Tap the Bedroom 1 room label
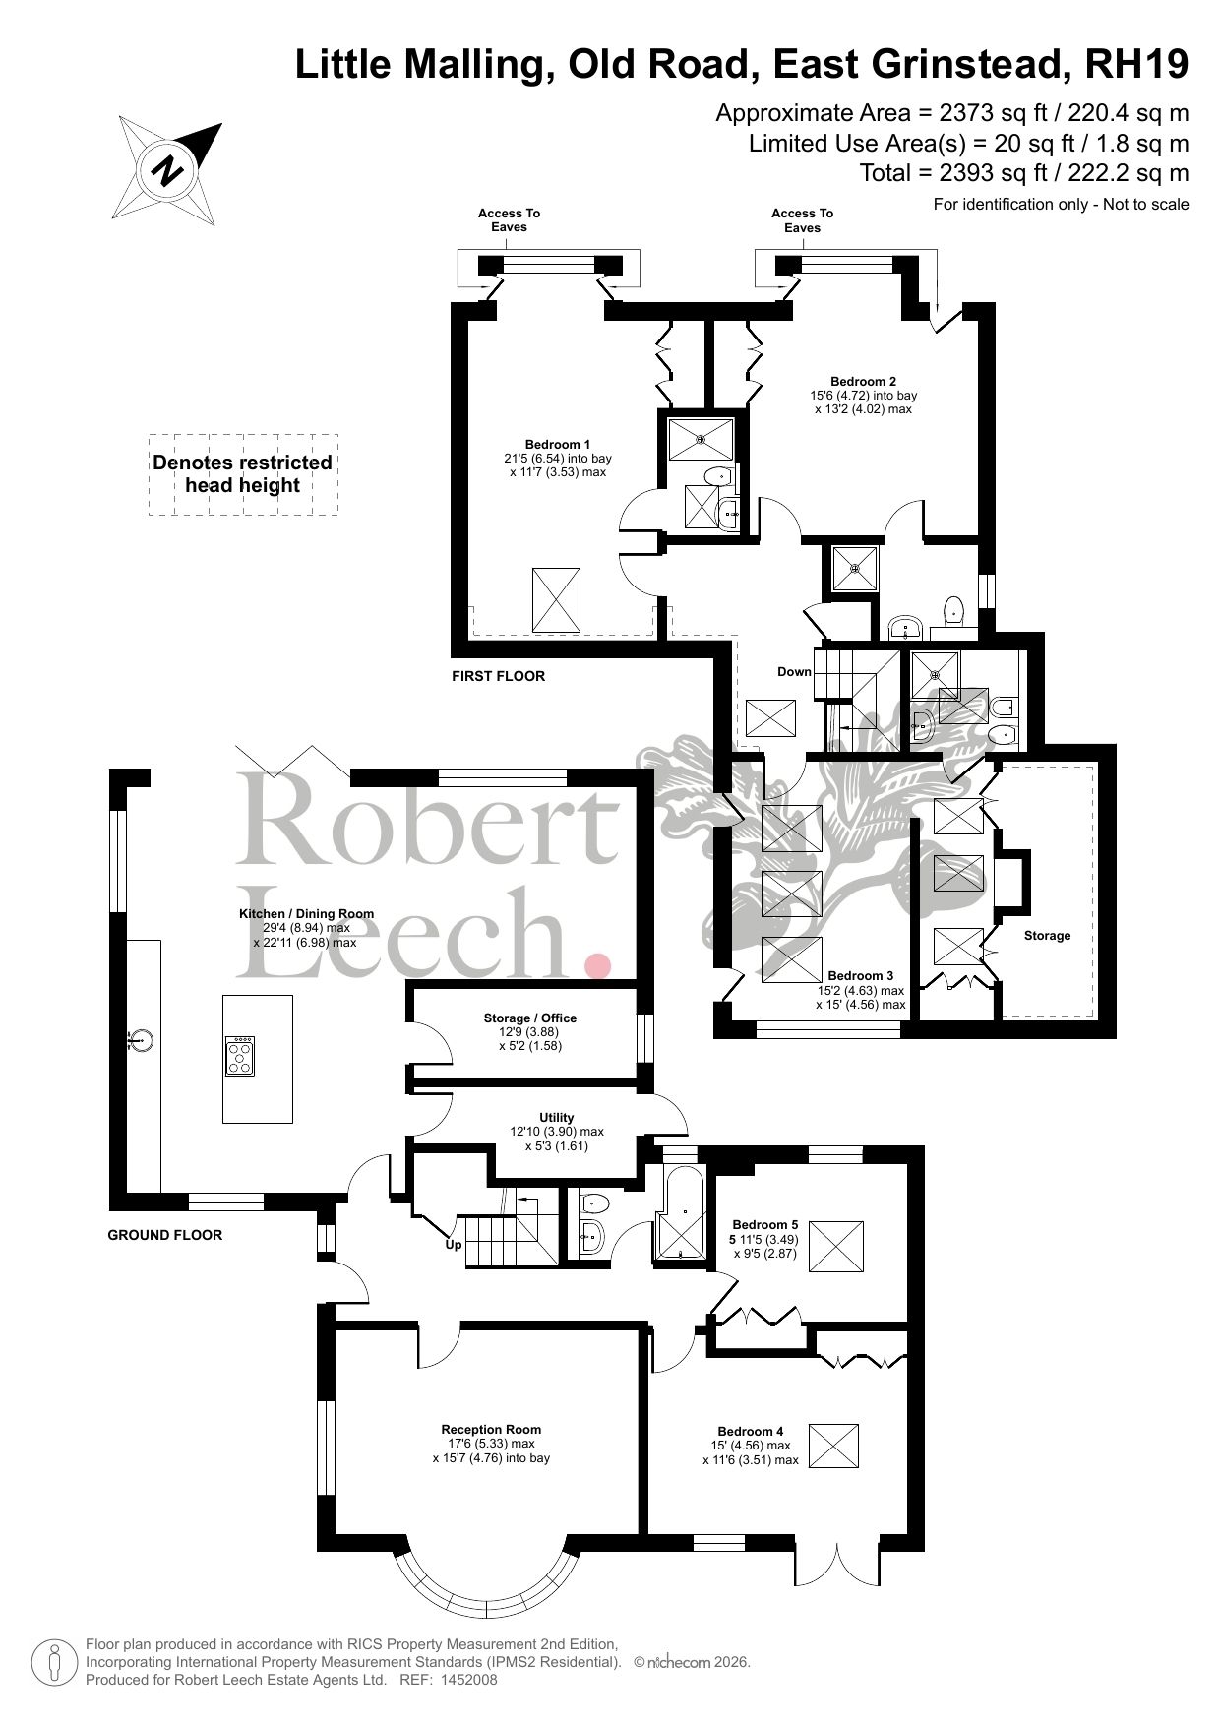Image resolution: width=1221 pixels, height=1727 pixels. pos(558,444)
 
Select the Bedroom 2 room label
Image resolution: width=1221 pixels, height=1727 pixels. pos(863,381)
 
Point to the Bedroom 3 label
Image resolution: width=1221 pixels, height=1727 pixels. pos(860,976)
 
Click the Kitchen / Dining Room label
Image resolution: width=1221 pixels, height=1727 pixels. pos(306,913)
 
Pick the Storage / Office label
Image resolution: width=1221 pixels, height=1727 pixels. pos(529,1018)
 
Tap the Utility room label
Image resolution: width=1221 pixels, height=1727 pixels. pos(557,1117)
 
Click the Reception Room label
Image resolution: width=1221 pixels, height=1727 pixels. pos(491,1429)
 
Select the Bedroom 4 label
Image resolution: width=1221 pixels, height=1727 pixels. pos(751,1431)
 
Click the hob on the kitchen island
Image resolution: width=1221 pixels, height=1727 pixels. pos(240,1056)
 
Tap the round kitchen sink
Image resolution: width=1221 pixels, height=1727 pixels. pos(142,1039)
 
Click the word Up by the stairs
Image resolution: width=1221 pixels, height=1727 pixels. pos(454,1244)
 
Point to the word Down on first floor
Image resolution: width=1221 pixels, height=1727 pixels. pos(794,672)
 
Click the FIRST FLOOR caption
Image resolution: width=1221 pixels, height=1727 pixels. pos(498,676)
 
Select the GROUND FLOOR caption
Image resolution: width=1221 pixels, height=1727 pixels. pos(165,1235)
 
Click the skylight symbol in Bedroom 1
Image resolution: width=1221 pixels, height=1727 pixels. pos(557,599)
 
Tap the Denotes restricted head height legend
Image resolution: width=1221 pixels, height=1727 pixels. pos(242,474)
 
